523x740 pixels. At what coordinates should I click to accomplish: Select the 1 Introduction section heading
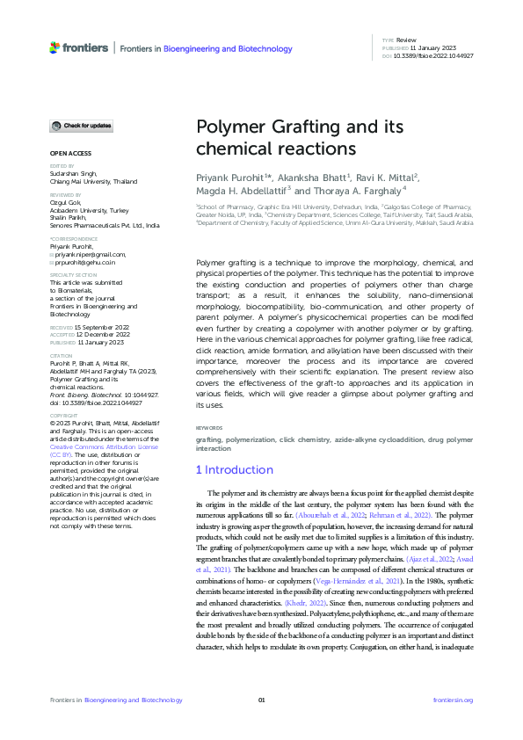234,470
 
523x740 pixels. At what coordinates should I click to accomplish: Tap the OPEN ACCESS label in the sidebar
66,154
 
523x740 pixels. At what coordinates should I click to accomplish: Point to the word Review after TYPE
406,41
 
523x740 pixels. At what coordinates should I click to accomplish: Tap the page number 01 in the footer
261,700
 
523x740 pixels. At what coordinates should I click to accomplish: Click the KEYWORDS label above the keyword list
209,428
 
